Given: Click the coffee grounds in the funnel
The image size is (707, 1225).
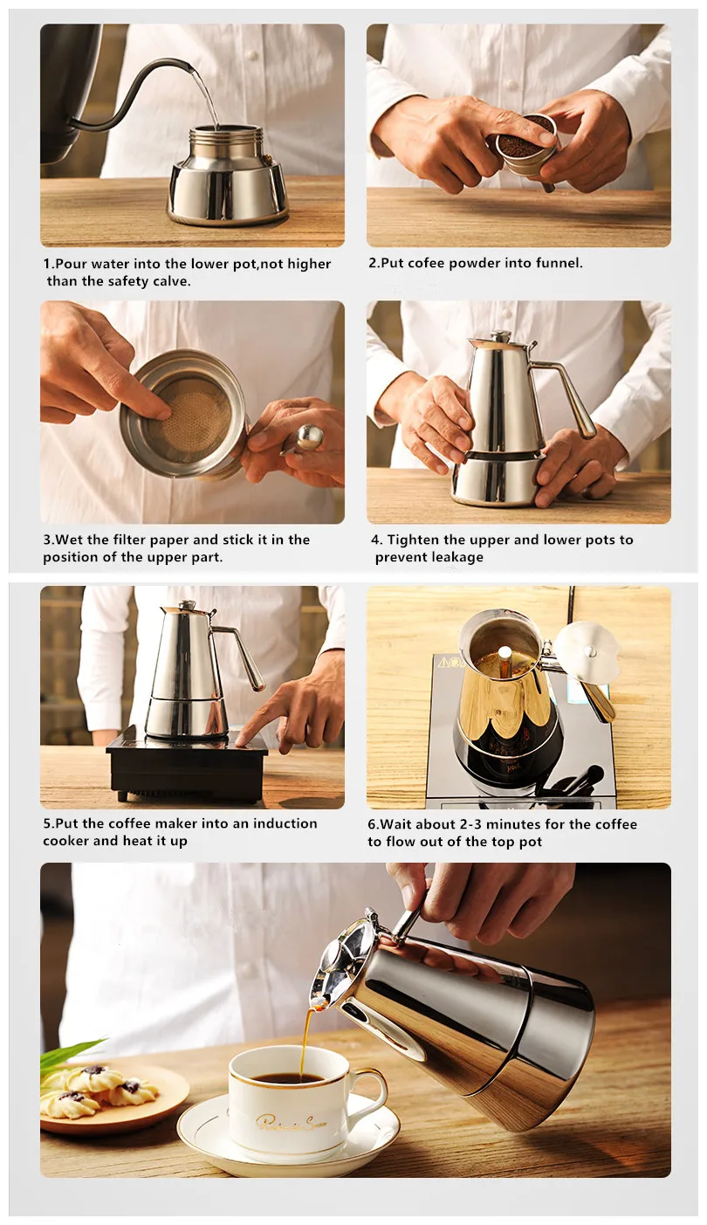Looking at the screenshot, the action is [525, 137].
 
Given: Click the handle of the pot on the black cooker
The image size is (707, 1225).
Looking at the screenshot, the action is [241, 657].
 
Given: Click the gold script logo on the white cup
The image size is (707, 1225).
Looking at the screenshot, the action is [291, 1122].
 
